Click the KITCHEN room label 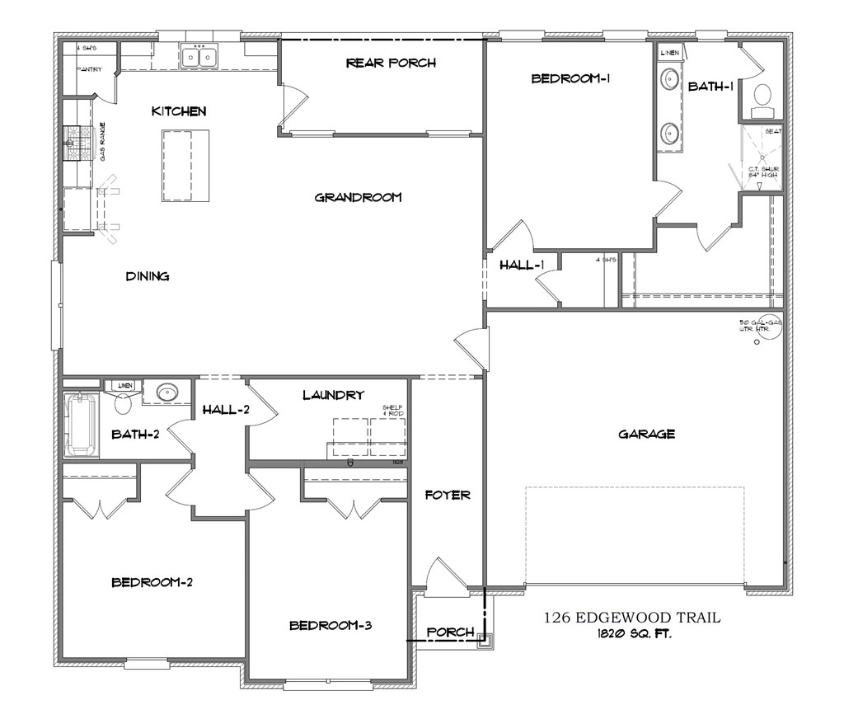[178, 111]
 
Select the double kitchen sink [199, 57]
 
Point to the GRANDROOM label [358, 197]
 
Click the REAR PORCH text [391, 63]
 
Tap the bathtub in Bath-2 [81, 425]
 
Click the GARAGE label [647, 434]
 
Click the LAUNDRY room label [333, 395]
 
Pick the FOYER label [448, 495]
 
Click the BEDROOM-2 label [152, 582]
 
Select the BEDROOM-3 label [331, 625]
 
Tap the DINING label [148, 276]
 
